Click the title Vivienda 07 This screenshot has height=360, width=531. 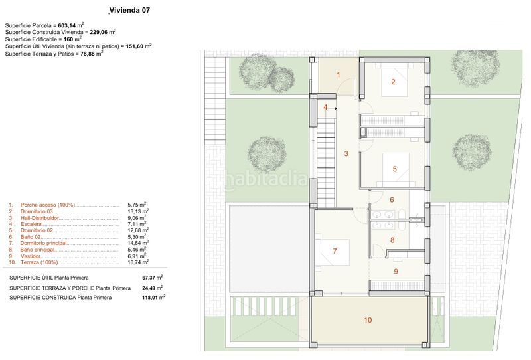click(129, 10)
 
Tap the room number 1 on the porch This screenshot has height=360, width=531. click(339, 74)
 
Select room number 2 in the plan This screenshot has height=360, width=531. click(393, 82)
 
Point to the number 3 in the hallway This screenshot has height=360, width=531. click(346, 153)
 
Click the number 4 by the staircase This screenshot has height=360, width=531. click(325, 108)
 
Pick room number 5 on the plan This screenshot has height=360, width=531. click(394, 169)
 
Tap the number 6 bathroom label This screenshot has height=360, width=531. click(392, 200)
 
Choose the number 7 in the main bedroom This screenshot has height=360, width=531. click(335, 251)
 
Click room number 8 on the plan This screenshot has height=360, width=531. click(392, 240)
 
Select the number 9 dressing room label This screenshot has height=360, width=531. click(396, 272)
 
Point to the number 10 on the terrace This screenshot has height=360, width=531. click(368, 320)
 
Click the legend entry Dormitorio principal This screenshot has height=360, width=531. click(43, 243)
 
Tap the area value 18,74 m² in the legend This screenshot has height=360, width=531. click(138, 262)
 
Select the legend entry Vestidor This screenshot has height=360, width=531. click(31, 256)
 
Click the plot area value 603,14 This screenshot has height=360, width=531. click(67, 25)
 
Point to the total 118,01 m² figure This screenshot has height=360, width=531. click(154, 298)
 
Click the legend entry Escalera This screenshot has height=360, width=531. click(31, 224)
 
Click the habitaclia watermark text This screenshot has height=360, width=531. click(266, 179)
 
